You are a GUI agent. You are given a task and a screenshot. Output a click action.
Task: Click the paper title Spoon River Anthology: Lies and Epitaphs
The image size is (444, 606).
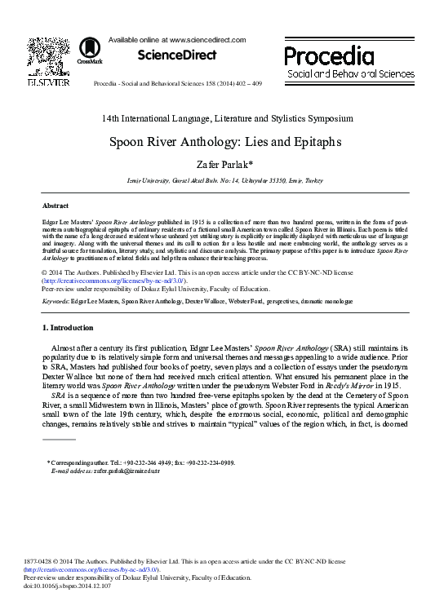(x=222, y=140)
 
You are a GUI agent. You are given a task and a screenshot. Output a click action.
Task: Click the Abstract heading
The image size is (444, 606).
(x=55, y=206)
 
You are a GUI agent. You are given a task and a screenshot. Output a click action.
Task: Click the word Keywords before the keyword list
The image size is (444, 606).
(x=55, y=301)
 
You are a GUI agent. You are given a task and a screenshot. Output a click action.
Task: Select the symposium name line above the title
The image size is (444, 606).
(x=222, y=118)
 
